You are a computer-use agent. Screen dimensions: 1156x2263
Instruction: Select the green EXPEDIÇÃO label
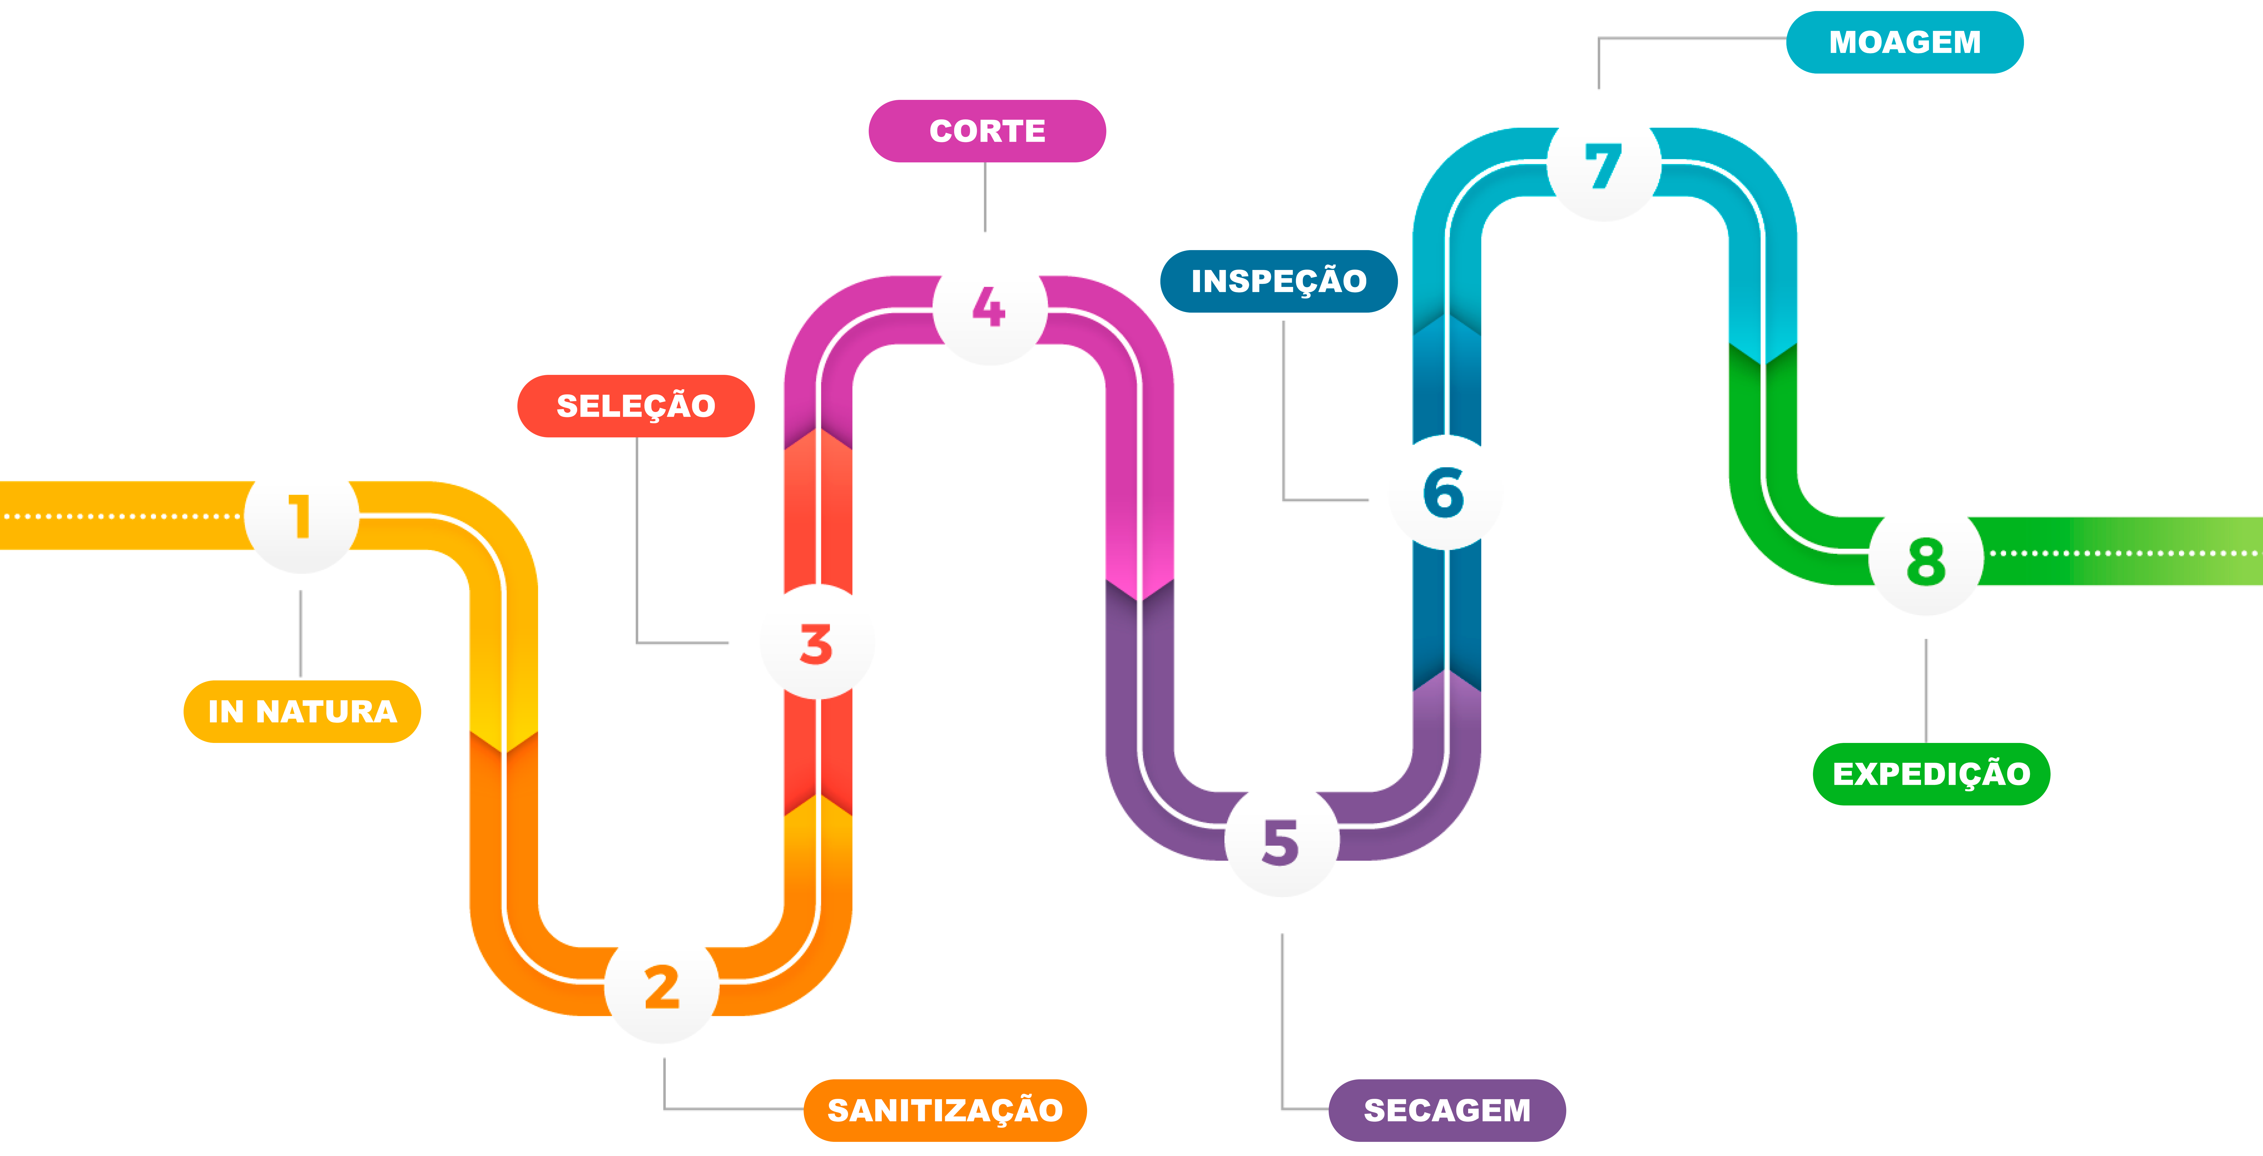1931,774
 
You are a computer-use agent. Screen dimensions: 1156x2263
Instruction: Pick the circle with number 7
1603,165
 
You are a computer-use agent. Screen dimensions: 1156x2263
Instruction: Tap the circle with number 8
1926,560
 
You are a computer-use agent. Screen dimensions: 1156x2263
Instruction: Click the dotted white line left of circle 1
123,517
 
